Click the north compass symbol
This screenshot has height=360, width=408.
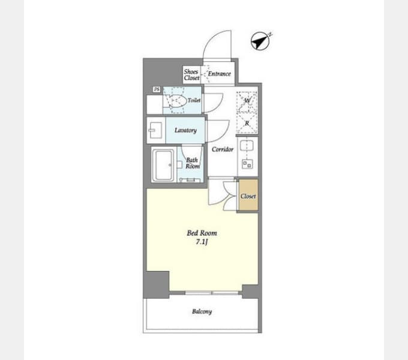click(x=260, y=41)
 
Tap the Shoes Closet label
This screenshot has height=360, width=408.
click(x=191, y=74)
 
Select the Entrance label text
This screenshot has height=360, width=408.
click(x=220, y=74)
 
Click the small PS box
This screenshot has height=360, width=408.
click(x=157, y=89)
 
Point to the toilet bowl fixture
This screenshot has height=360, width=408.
click(x=178, y=100)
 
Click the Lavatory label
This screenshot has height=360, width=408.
click(x=185, y=130)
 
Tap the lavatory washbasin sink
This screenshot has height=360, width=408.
click(x=155, y=130)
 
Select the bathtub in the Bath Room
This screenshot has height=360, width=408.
click(x=163, y=165)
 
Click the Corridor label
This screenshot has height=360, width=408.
click(x=223, y=149)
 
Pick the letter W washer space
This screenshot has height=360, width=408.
click(x=247, y=100)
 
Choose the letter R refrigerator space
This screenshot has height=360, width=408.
click(x=247, y=123)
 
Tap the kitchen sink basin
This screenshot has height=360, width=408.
click(x=247, y=145)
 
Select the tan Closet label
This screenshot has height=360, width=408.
click(x=248, y=196)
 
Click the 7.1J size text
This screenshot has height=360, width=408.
click(x=202, y=242)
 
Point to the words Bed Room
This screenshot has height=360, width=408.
click(x=202, y=233)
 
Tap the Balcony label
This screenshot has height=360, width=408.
click(x=202, y=311)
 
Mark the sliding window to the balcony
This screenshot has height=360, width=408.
click(x=212, y=293)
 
